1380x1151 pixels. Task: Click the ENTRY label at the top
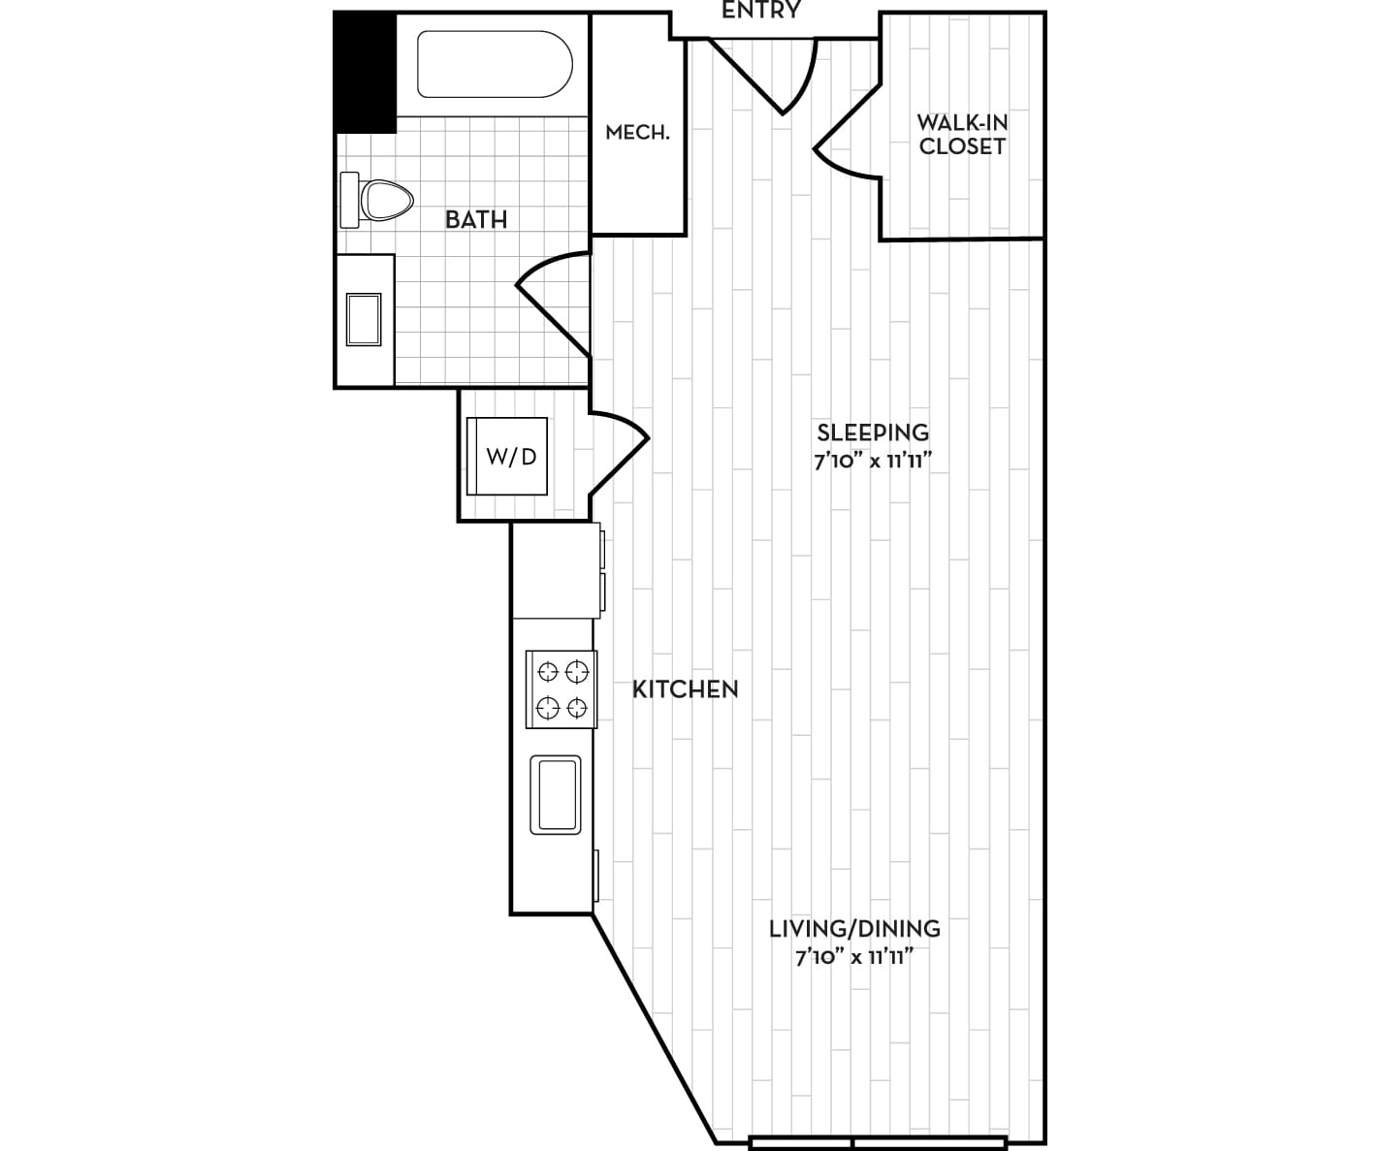(x=760, y=10)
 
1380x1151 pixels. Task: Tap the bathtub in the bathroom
(x=495, y=64)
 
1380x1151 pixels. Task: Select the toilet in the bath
(x=376, y=200)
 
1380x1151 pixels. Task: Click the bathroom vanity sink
(x=364, y=319)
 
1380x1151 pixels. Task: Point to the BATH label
(x=476, y=220)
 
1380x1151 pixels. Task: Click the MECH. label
(x=637, y=133)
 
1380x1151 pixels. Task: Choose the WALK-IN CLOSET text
(x=962, y=135)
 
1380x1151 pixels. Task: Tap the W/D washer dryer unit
(x=507, y=456)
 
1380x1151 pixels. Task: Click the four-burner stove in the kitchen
(x=562, y=689)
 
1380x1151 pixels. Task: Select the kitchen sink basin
(x=556, y=795)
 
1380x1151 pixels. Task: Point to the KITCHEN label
(x=686, y=689)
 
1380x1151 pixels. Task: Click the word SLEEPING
(x=873, y=432)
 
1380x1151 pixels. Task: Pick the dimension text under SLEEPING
(x=873, y=461)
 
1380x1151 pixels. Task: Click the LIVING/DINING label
(x=854, y=928)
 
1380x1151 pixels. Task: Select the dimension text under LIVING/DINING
(x=854, y=956)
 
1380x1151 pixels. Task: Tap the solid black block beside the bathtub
(x=365, y=73)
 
